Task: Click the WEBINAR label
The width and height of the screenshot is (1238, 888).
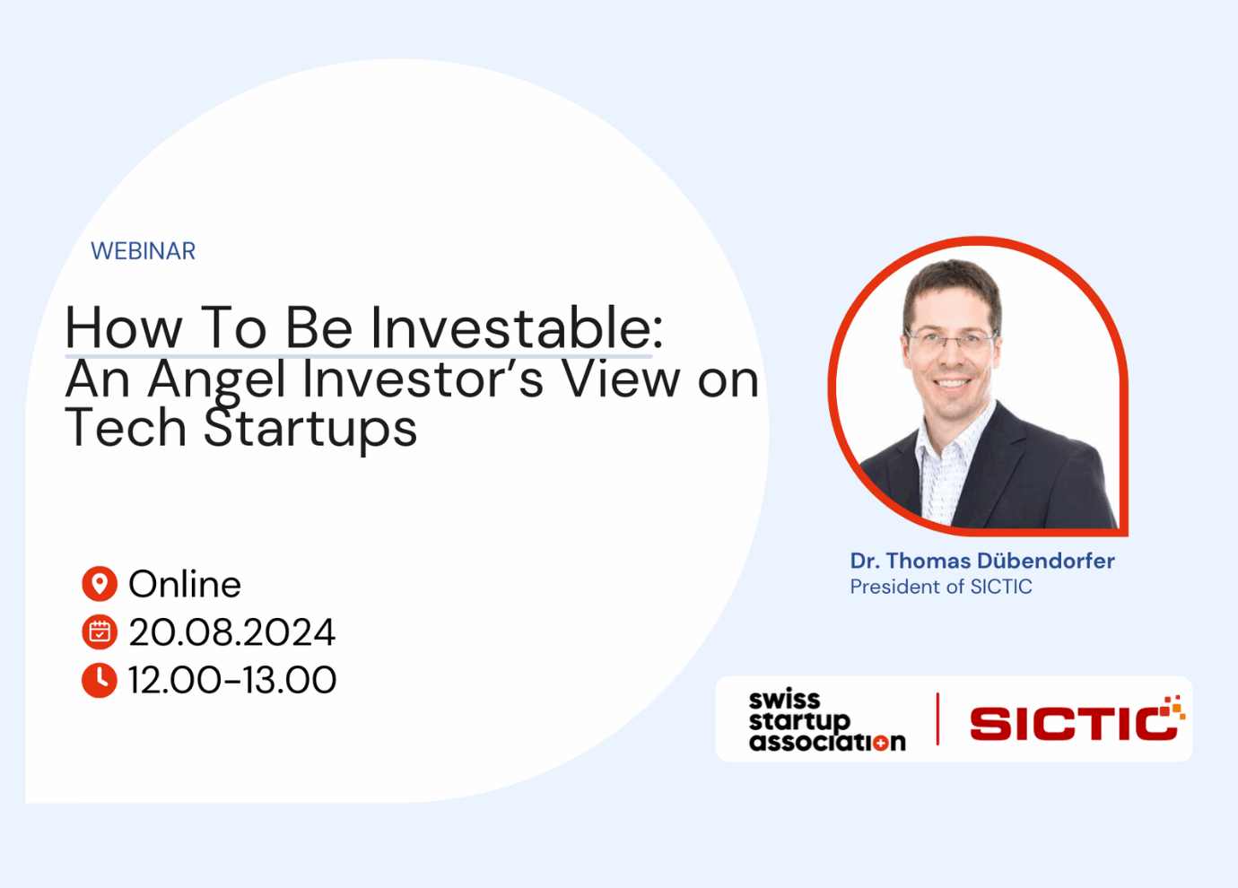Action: click(144, 251)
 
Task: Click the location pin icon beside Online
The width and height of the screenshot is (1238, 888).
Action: click(100, 584)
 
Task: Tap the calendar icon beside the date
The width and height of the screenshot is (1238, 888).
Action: click(100, 631)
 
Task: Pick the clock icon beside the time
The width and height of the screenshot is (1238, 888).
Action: click(100, 680)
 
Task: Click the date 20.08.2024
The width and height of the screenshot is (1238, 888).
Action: click(232, 632)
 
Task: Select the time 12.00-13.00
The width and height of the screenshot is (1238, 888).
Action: click(232, 680)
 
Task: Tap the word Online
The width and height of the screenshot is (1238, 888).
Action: click(185, 584)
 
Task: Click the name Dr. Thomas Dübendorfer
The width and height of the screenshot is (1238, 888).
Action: click(982, 561)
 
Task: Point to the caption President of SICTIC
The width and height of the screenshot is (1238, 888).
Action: click(941, 587)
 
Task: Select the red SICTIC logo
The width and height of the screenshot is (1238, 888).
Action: click(1077, 718)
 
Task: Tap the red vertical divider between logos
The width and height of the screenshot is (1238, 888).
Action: click(937, 718)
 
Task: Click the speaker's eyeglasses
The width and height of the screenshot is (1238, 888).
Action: click(951, 339)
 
